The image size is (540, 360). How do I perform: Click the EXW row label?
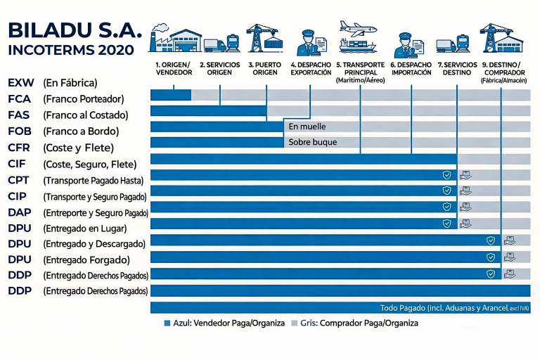point(20,82)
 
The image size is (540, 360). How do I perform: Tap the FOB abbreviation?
point(20,131)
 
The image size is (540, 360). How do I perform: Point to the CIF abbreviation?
point(18,164)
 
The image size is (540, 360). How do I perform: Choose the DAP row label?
point(19,212)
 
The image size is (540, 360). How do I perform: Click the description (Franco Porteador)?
point(84,99)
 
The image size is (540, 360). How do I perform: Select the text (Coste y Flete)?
point(78,148)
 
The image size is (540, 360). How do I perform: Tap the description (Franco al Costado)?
point(85,115)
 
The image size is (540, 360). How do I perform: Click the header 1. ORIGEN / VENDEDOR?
point(173,68)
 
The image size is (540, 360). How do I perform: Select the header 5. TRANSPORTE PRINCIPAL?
point(360,68)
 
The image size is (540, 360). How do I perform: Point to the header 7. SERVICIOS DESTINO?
point(457,68)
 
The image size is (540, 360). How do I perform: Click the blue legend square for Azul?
point(167,323)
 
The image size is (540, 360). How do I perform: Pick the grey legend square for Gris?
point(294,323)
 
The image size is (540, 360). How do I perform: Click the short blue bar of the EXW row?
point(171,94)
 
